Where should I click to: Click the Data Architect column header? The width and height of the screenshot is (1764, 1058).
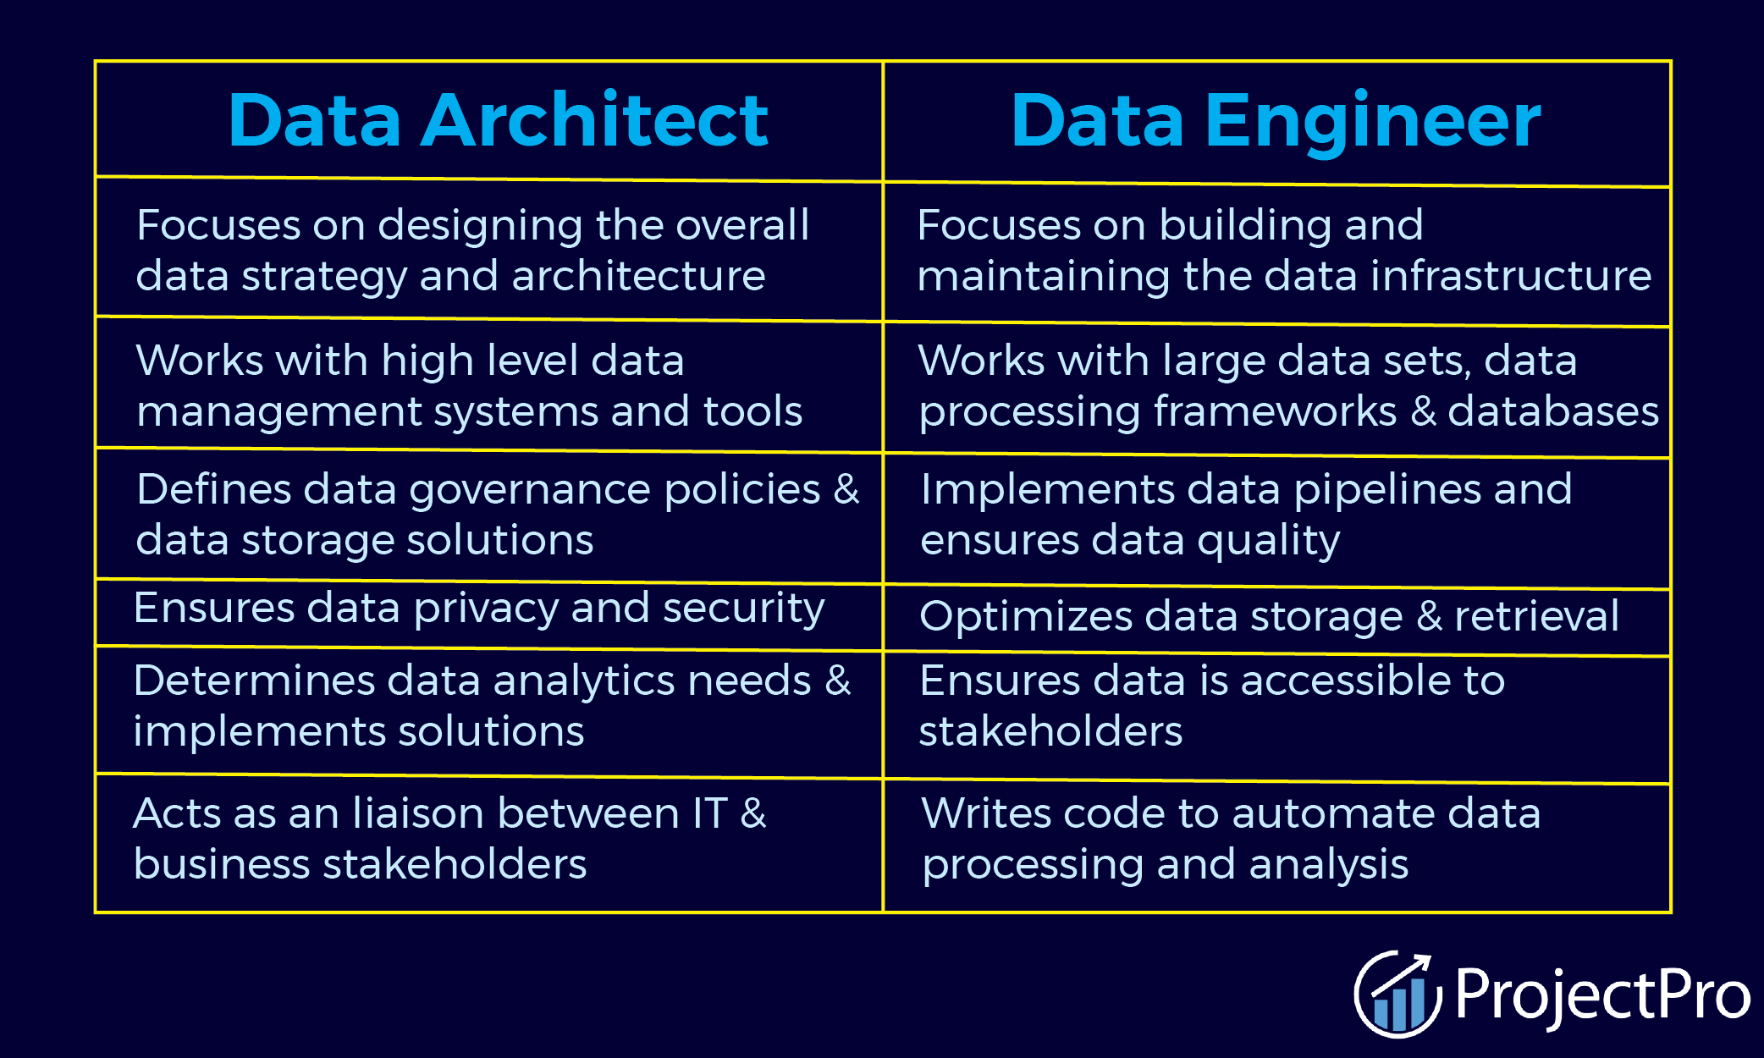(x=498, y=120)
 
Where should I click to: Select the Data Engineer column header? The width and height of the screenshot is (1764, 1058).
(x=1276, y=120)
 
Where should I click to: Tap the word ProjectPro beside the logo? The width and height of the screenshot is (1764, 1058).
(x=1602, y=995)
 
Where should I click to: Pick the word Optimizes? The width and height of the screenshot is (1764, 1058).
(x=1025, y=617)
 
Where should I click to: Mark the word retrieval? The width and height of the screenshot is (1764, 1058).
(x=1536, y=616)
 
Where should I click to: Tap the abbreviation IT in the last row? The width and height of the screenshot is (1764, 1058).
(x=709, y=813)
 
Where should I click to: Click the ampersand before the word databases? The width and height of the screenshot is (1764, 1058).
(x=1424, y=412)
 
